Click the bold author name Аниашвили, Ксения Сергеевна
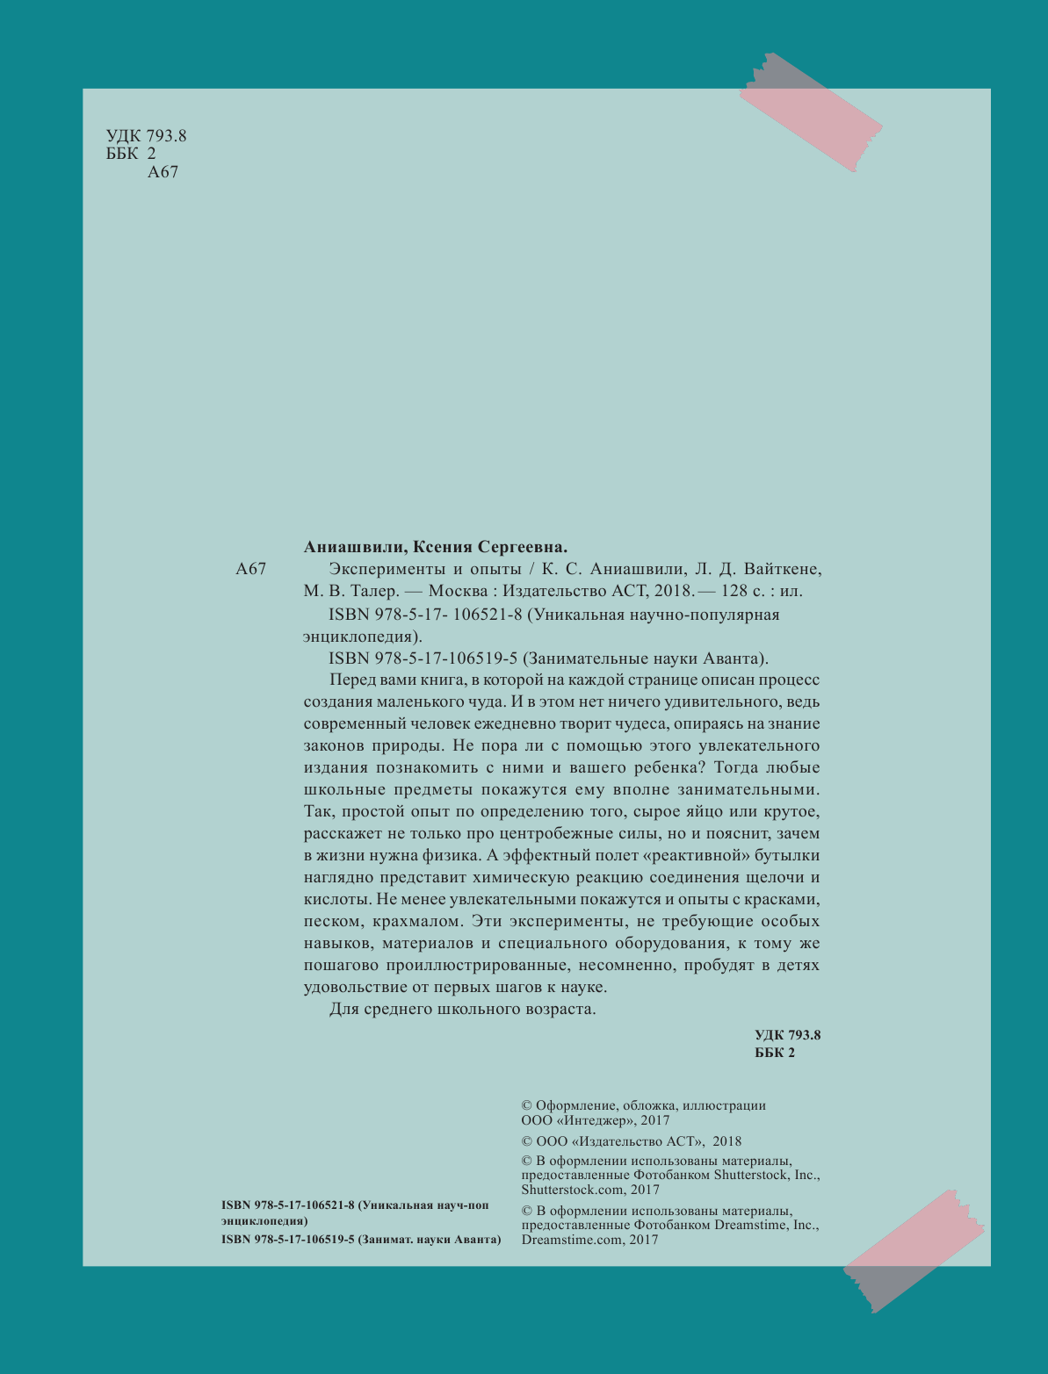coord(431,545)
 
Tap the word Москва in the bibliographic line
coord(455,591)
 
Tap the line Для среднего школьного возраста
coord(463,1009)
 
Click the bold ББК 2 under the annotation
coord(775,1053)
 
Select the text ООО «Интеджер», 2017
coord(596,1120)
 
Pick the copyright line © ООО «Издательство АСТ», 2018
coord(632,1141)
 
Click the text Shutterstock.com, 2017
coord(590,1190)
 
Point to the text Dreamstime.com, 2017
coord(589,1240)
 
